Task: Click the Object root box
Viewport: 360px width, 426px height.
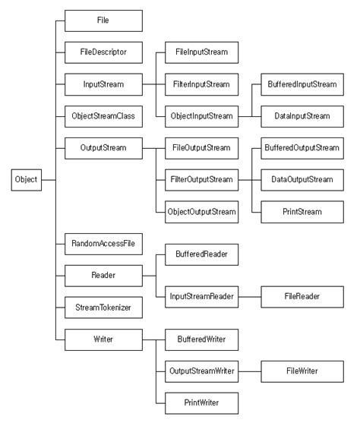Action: (x=26, y=179)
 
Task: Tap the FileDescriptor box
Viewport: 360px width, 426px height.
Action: (x=103, y=52)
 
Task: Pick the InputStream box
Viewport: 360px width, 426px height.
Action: (x=103, y=84)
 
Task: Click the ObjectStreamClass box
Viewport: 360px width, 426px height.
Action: (x=103, y=115)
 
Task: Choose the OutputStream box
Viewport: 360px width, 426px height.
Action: (x=103, y=147)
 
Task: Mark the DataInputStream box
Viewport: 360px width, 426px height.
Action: (x=301, y=115)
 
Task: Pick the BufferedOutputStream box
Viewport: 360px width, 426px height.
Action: (x=301, y=147)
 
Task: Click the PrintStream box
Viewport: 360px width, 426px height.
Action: (x=301, y=210)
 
